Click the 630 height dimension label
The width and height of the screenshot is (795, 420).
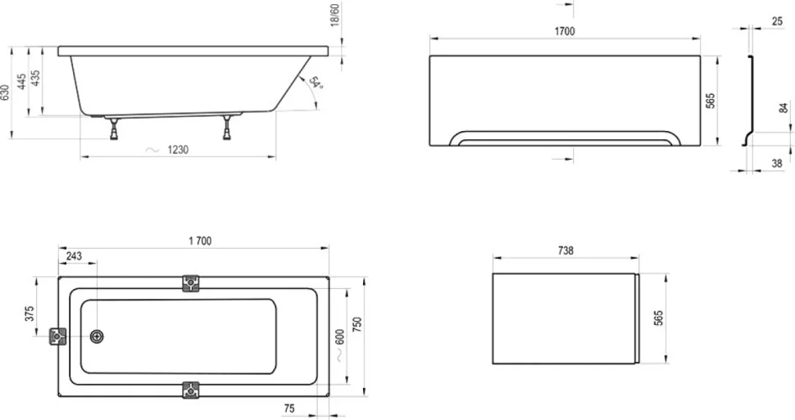click(5, 93)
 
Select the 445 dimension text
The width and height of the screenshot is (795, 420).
click(22, 82)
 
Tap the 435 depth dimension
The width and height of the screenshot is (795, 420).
click(35, 78)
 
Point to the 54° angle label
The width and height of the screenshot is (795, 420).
click(316, 83)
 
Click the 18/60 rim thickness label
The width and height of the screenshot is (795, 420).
click(334, 16)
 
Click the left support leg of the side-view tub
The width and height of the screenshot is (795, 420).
click(115, 129)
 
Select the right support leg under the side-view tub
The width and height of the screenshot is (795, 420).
click(227, 127)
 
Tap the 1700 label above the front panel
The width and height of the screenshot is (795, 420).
click(565, 31)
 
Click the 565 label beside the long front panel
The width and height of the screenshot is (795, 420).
click(711, 101)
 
